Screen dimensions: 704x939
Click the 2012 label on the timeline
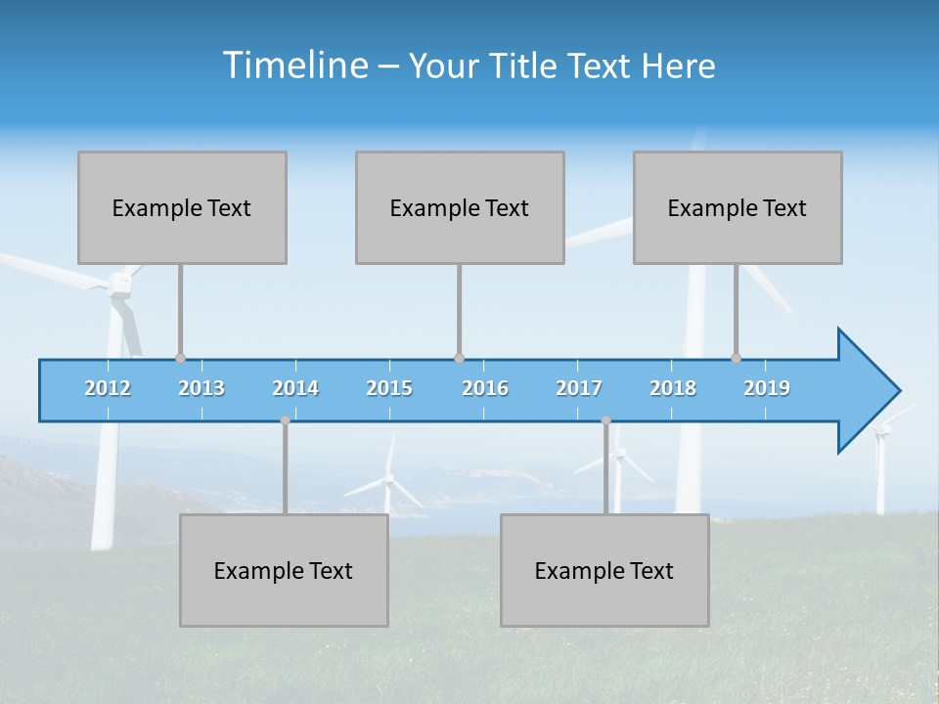pyautogui.click(x=108, y=388)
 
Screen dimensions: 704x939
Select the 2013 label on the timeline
pyautogui.click(x=201, y=388)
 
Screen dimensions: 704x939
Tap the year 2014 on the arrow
pyautogui.click(x=295, y=388)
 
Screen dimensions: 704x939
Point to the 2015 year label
pyautogui.click(x=389, y=388)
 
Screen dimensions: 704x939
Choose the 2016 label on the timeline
pyautogui.click(x=485, y=388)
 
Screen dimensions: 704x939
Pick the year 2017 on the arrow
pyautogui.click(x=579, y=388)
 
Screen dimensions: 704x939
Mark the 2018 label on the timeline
pyautogui.click(x=673, y=388)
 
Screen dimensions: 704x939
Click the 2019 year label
pyautogui.click(x=767, y=388)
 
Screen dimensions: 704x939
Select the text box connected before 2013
pyautogui.click(x=182, y=207)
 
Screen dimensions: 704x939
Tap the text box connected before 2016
pyautogui.click(x=460, y=207)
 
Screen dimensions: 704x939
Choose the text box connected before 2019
pyautogui.click(x=738, y=207)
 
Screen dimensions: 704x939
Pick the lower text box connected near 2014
pyautogui.click(x=284, y=570)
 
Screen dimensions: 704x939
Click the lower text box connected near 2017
pyautogui.click(x=604, y=570)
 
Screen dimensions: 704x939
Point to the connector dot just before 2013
pyautogui.click(x=180, y=358)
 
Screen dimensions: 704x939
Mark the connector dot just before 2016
pyautogui.click(x=459, y=358)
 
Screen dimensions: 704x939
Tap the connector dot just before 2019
pyautogui.click(x=736, y=358)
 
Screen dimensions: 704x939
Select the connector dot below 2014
pyautogui.click(x=285, y=420)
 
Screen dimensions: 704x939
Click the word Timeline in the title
pyautogui.click(x=294, y=66)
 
